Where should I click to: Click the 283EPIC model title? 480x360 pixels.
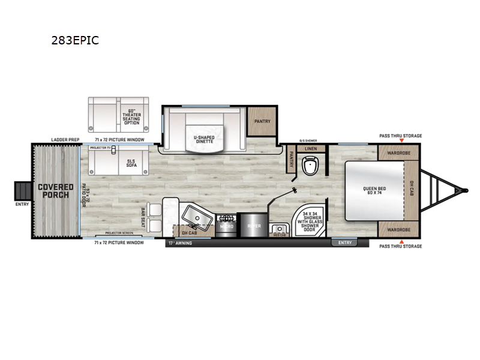[76, 41]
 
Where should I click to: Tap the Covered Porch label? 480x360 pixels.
[55, 191]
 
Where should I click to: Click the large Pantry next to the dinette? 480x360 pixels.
[262, 122]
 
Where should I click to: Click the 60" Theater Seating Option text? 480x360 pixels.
[131, 114]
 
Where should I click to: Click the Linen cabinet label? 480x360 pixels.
[310, 148]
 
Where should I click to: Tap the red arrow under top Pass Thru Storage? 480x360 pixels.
[401, 142]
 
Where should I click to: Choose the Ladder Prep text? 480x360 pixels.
[65, 139]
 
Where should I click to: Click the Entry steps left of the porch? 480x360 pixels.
[22, 191]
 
